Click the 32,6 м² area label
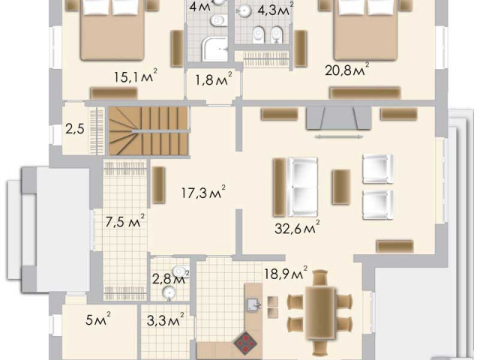(297, 227)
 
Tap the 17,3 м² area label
(203, 192)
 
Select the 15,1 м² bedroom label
(136, 76)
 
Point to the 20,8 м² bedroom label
(346, 70)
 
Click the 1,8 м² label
(214, 79)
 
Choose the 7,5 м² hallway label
(125, 221)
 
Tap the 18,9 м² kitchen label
(286, 273)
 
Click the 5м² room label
(98, 319)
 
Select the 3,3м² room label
(166, 320)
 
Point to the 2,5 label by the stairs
(75, 129)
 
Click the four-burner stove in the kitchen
(245, 343)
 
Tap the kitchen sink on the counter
(253, 304)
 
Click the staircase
(148, 130)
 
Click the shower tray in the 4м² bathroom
(214, 49)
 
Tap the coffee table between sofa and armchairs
(341, 187)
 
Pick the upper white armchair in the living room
(378, 169)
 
